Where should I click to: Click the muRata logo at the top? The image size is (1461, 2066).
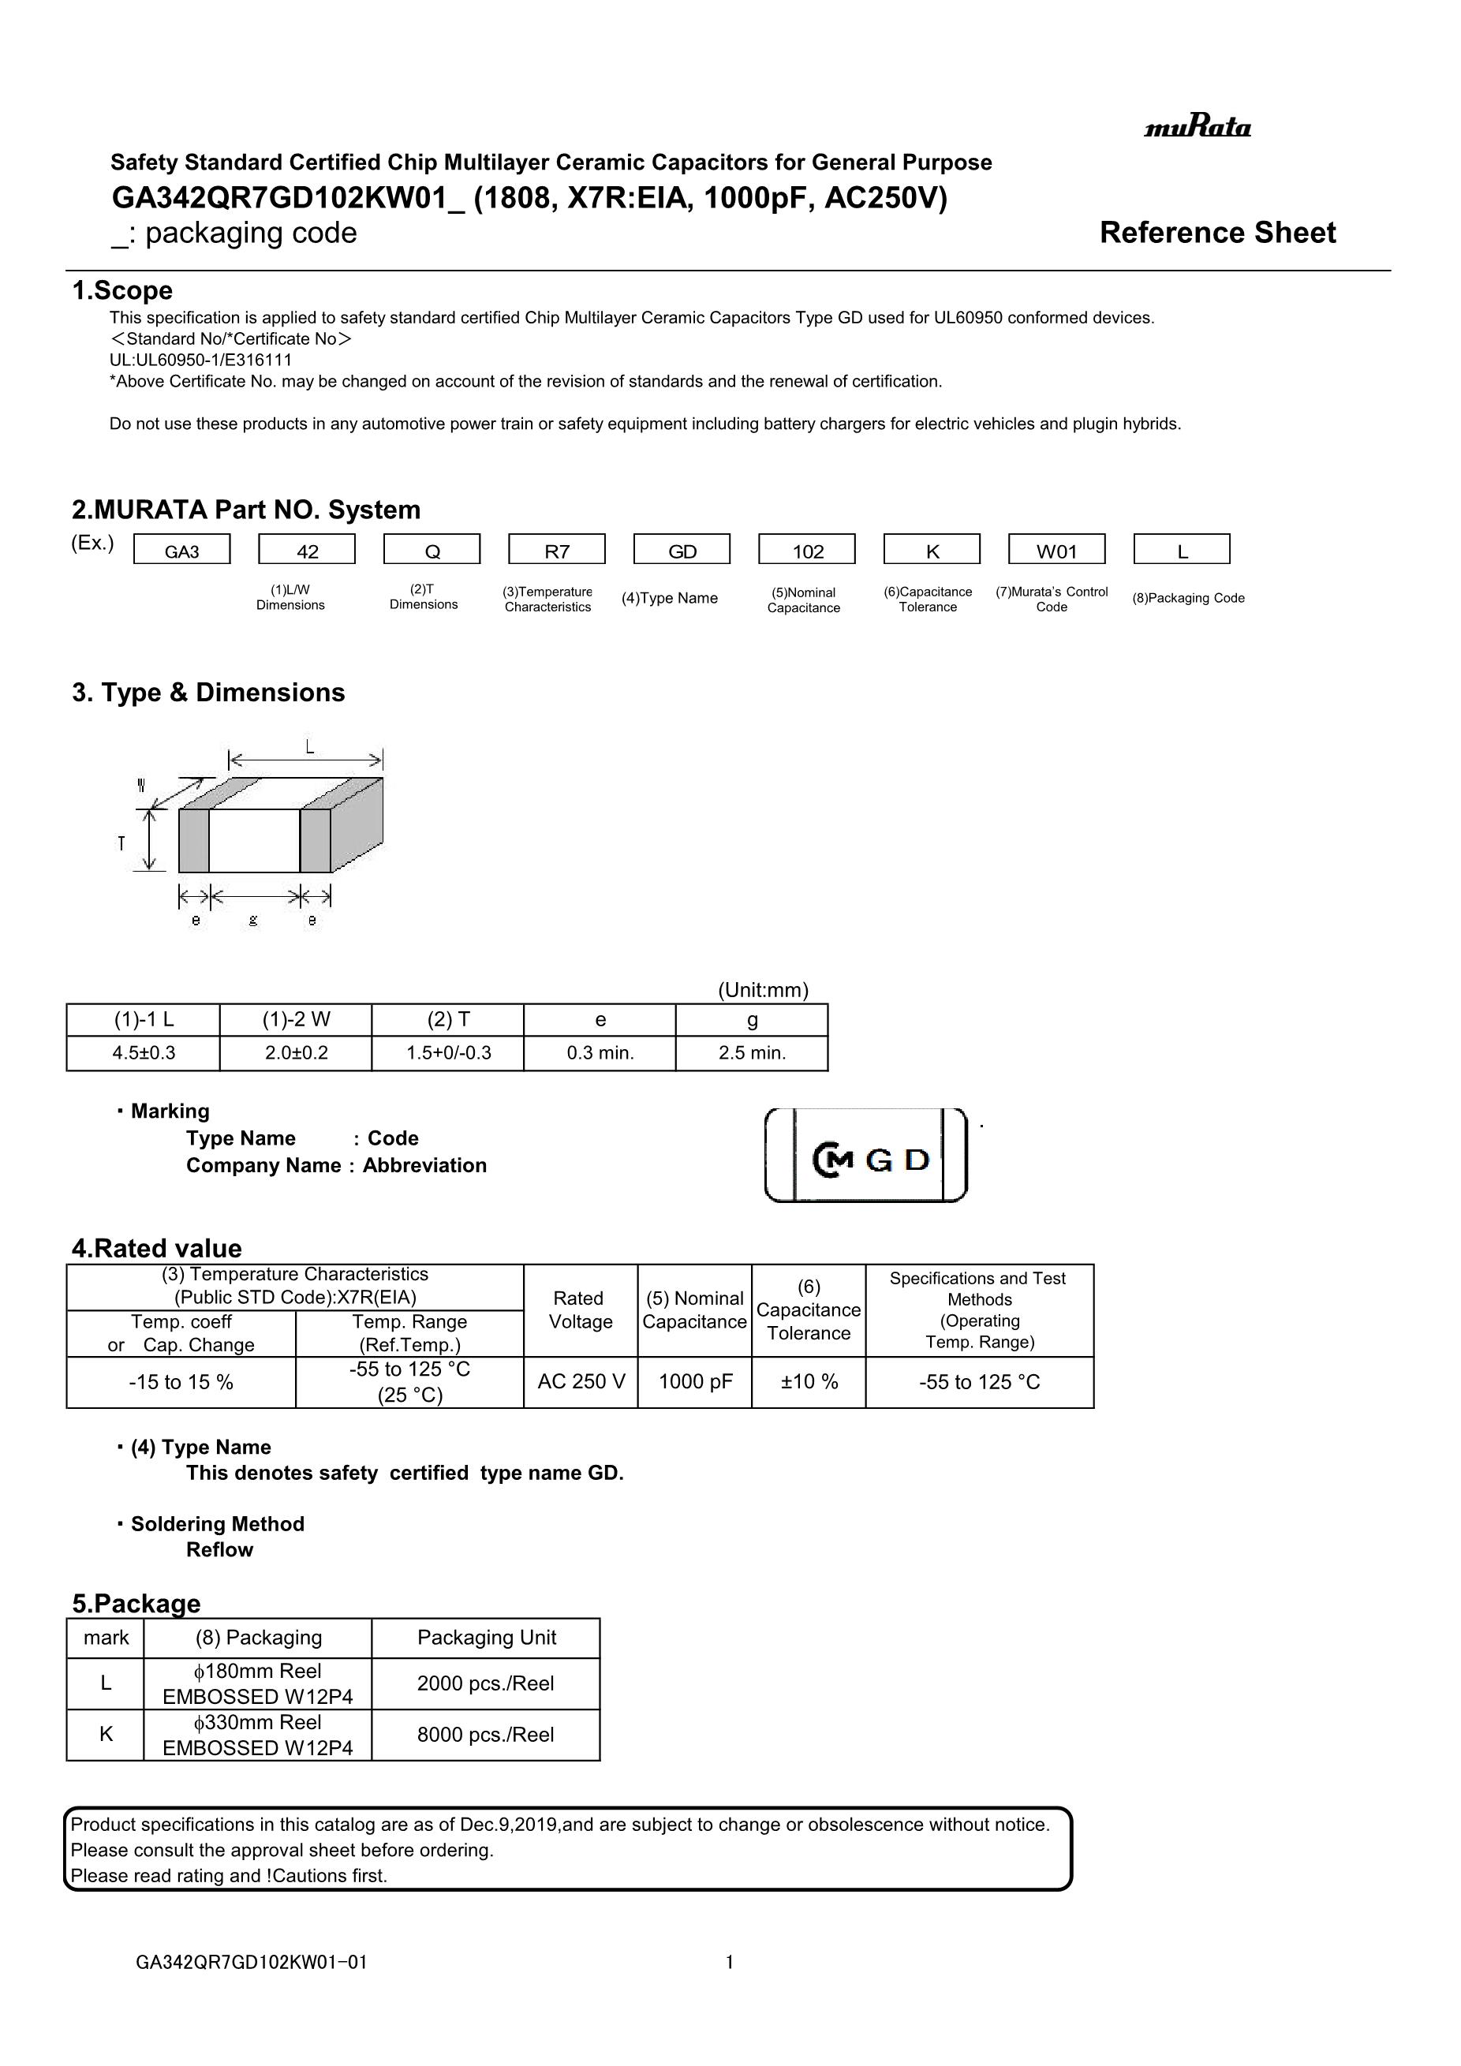1197,127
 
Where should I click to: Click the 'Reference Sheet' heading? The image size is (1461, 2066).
1217,233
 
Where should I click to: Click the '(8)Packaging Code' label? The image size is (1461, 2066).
1187,599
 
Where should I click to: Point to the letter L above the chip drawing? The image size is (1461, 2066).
309,746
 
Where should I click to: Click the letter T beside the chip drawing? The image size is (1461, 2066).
121,844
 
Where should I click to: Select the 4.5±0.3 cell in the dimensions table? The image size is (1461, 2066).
143,1053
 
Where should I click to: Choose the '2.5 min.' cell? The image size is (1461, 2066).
752,1053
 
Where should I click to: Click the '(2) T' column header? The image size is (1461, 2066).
448,1019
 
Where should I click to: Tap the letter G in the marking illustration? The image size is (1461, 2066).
879,1160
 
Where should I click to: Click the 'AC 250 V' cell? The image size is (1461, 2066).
581,1381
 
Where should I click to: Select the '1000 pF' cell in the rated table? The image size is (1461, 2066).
694,1381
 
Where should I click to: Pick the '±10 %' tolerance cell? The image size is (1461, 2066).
809,1381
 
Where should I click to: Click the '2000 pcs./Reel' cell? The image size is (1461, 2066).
486,1683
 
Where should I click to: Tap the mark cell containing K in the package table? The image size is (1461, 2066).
105,1734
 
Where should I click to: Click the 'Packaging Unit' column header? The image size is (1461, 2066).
486,1638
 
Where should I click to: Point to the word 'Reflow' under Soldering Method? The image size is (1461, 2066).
219,1549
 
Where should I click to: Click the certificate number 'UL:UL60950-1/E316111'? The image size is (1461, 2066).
200,360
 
